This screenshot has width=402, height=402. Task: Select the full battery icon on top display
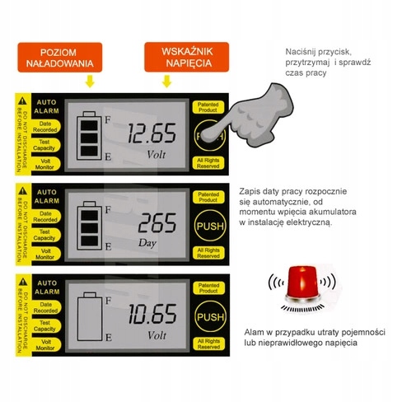click(x=86, y=136)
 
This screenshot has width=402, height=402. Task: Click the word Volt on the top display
click(x=156, y=154)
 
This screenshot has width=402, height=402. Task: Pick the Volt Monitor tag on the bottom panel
click(x=45, y=348)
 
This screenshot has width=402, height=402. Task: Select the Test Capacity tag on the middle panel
click(x=45, y=237)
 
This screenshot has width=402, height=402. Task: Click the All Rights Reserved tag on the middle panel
click(x=208, y=253)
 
